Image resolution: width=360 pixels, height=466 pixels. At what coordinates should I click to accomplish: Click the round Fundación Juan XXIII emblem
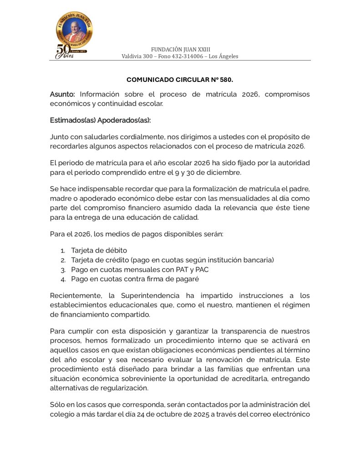74,30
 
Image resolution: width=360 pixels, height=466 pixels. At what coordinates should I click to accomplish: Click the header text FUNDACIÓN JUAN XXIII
180,49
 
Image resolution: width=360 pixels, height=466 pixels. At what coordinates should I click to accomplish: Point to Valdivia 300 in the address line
136,56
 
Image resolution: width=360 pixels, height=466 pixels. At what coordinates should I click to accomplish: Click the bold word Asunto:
62,94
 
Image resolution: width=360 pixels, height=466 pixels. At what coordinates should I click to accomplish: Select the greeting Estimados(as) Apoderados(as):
100,120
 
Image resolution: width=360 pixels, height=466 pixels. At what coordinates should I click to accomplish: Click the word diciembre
224,172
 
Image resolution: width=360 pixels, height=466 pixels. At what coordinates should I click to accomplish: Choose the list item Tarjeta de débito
99,250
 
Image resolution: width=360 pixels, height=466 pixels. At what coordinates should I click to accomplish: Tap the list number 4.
63,279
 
